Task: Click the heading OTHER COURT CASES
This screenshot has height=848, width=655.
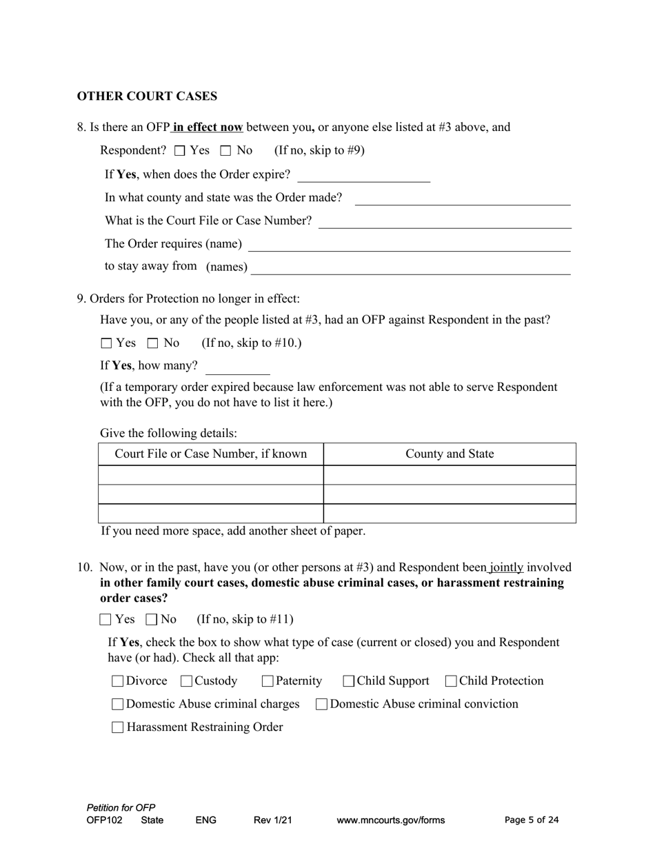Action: pyautogui.click(x=147, y=96)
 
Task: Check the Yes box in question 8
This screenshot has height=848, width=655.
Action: pyautogui.click(x=180, y=150)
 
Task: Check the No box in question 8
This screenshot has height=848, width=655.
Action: pyautogui.click(x=225, y=150)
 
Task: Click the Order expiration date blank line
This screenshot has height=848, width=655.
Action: pyautogui.click(x=363, y=176)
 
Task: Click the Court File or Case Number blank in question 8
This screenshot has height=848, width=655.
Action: pyautogui.click(x=445, y=221)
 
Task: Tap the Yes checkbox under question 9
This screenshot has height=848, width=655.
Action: pyautogui.click(x=106, y=343)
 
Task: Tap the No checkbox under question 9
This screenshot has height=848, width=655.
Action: pyautogui.click(x=153, y=343)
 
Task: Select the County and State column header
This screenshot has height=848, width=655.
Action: pyautogui.click(x=450, y=454)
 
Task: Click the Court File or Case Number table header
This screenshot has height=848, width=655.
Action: pyautogui.click(x=211, y=454)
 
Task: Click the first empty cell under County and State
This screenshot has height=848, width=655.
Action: pyautogui.click(x=450, y=475)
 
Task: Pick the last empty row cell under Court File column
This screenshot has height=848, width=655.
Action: pyautogui.click(x=211, y=514)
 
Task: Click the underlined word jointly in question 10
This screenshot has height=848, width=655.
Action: pyautogui.click(x=507, y=567)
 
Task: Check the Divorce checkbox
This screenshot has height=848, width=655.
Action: pyautogui.click(x=117, y=681)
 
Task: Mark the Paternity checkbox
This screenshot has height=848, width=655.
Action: pyautogui.click(x=268, y=681)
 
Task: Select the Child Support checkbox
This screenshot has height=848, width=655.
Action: pyautogui.click(x=349, y=681)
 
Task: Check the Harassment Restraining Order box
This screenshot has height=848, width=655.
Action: pyautogui.click(x=117, y=727)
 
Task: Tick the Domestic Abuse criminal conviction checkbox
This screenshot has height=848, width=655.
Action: pyautogui.click(x=321, y=704)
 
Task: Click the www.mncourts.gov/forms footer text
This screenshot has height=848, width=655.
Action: pyautogui.click(x=390, y=820)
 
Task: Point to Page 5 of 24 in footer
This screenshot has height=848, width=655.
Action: pyautogui.click(x=532, y=820)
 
